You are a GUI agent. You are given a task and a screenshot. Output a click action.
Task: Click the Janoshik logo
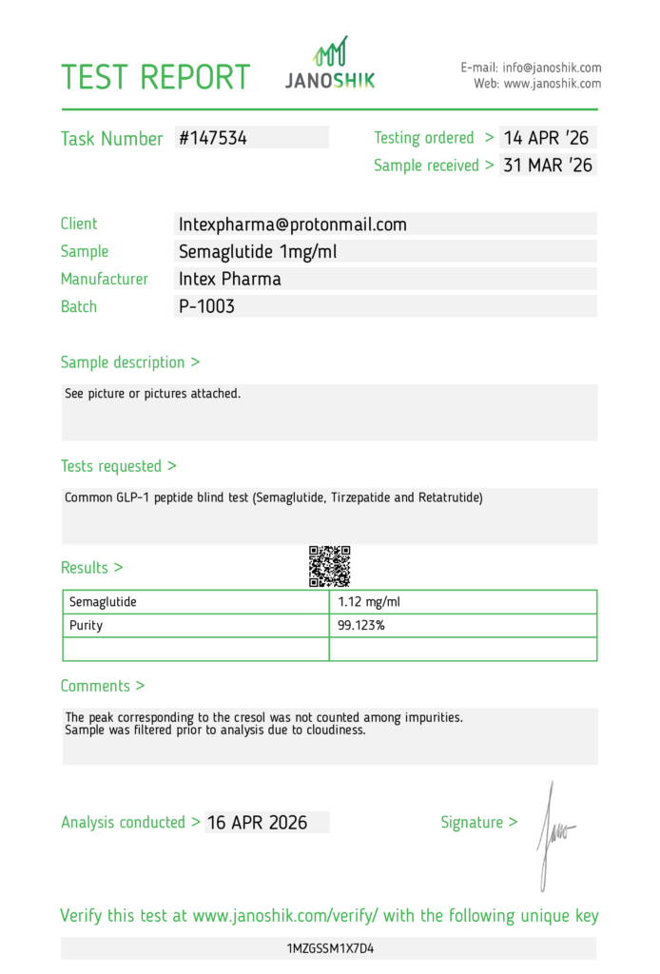click(330, 65)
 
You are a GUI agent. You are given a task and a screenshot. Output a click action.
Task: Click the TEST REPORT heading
click(156, 77)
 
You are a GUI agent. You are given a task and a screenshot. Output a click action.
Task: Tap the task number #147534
click(213, 138)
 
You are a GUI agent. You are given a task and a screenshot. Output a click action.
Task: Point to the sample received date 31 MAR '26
click(548, 166)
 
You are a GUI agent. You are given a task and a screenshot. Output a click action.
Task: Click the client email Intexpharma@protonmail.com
click(293, 224)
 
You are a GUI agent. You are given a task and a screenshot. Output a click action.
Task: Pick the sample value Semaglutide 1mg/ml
click(257, 252)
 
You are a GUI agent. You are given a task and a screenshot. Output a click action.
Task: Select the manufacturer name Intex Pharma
click(230, 280)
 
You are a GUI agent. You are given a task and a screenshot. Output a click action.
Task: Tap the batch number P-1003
click(206, 307)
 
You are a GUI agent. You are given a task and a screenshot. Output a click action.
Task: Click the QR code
click(330, 566)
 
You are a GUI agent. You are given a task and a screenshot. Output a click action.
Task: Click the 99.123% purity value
click(361, 626)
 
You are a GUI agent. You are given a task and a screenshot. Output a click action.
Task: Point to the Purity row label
click(86, 626)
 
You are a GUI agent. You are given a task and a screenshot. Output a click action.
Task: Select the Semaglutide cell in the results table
click(103, 602)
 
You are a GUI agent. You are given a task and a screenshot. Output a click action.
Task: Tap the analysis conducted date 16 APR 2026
click(257, 823)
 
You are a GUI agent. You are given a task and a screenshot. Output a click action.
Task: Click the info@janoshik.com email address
click(553, 68)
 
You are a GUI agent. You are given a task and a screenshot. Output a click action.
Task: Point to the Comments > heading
click(103, 686)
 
